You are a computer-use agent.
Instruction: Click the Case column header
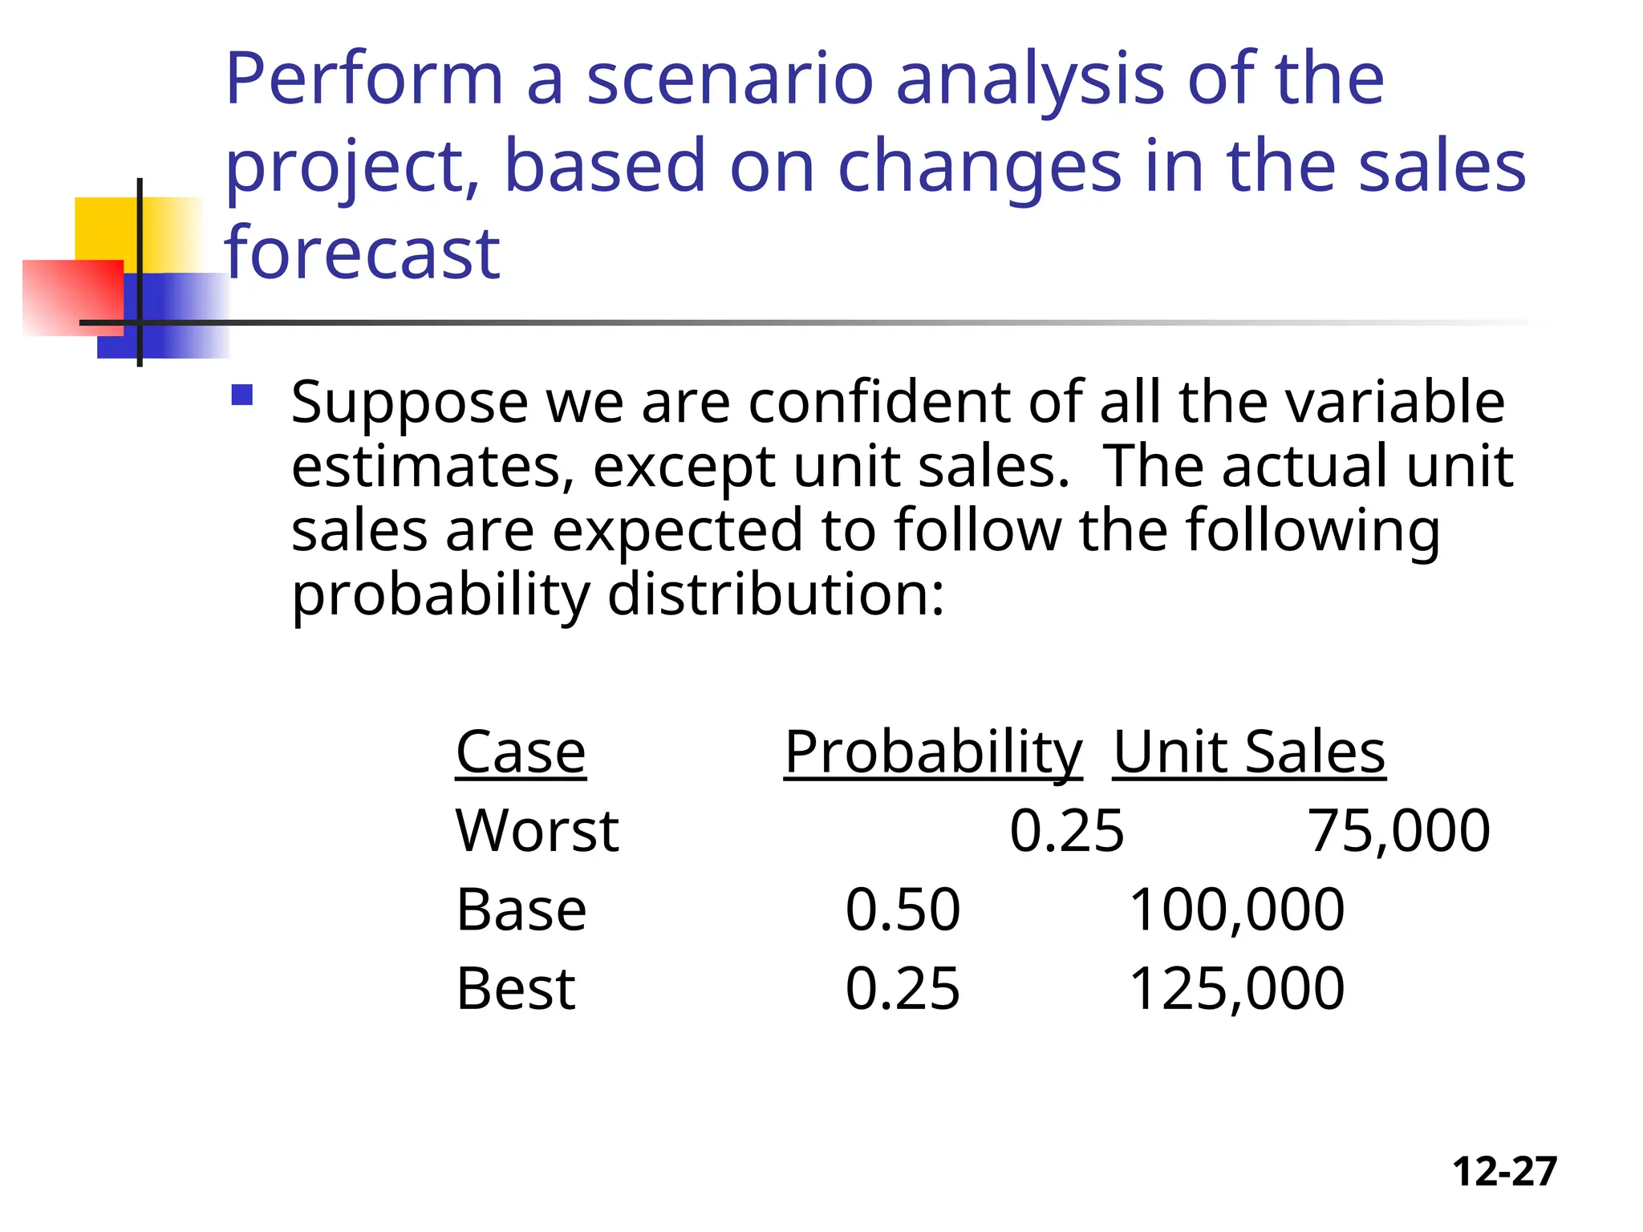tap(521, 752)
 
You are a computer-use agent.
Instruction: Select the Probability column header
tap(933, 752)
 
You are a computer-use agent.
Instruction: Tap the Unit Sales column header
tap(1249, 752)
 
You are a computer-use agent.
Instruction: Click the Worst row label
tap(537, 831)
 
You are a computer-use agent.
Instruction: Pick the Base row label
tap(521, 910)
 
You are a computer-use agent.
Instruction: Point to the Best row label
tap(516, 988)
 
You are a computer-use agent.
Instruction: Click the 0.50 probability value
tap(903, 910)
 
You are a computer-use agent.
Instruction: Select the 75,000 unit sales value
tap(1399, 831)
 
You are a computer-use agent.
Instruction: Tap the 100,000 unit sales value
tap(1236, 910)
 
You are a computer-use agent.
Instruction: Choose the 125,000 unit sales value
tap(1236, 988)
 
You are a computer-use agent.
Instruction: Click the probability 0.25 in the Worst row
tap(1067, 831)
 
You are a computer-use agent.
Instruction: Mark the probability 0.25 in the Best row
tap(903, 988)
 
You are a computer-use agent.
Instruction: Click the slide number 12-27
tap(1504, 1171)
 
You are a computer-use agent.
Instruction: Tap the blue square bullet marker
tap(241, 395)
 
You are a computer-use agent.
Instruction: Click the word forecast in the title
tap(363, 253)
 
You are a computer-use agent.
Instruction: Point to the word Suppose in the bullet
tap(409, 403)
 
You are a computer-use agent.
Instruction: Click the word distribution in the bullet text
tap(776, 595)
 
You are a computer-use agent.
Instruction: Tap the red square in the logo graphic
tap(73, 297)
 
